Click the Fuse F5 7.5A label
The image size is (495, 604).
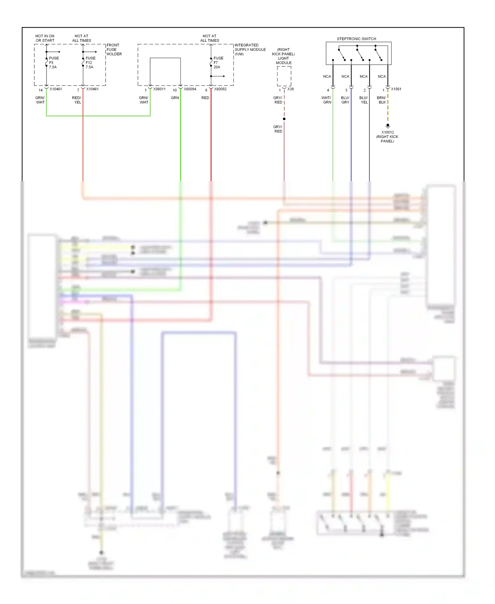[53, 62]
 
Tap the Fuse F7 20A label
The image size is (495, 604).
[218, 62]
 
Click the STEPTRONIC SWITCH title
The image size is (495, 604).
[356, 39]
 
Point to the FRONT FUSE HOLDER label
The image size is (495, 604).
[114, 50]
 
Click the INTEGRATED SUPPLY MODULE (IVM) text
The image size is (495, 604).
[250, 50]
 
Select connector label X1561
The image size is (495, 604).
[396, 89]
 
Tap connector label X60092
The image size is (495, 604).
[220, 89]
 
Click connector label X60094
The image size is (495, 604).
[190, 89]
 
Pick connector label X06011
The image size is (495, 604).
[159, 89]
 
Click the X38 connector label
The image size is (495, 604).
[290, 89]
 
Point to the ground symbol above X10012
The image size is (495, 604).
[388, 126]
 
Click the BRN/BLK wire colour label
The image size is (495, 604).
[381, 100]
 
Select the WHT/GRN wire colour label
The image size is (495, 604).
[326, 100]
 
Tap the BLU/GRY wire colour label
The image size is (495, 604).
[345, 100]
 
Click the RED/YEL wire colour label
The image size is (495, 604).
[77, 100]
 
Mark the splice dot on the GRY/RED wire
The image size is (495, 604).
[284, 119]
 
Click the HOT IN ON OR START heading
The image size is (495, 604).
[45, 38]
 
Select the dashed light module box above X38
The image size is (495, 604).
[284, 76]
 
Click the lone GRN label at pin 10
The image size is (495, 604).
[175, 98]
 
